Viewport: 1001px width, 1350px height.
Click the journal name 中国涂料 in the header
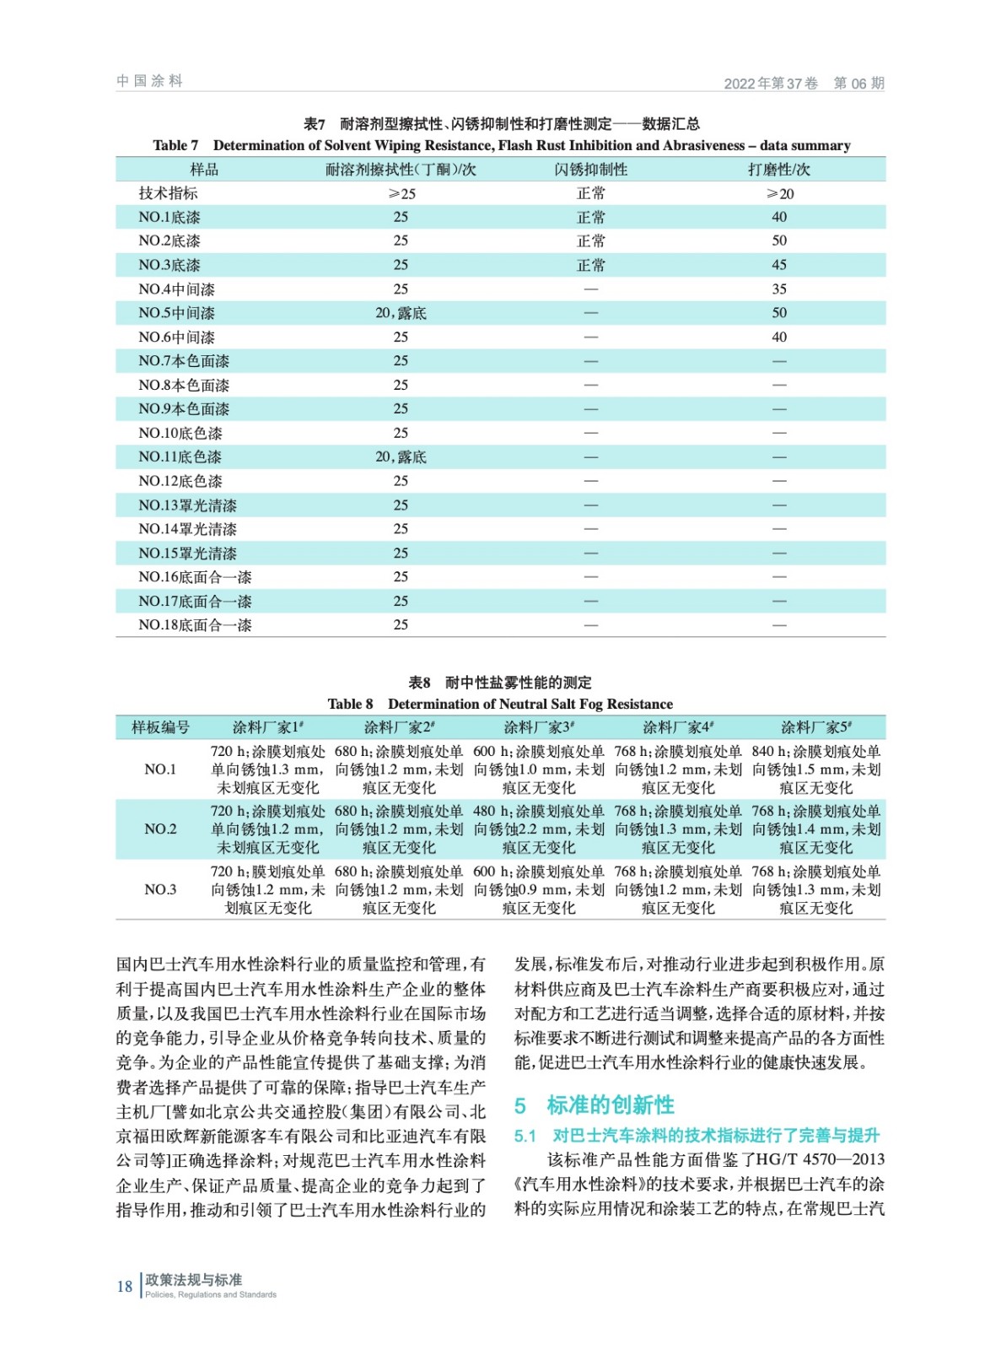coord(149,81)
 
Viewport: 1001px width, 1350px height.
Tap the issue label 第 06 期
coord(858,84)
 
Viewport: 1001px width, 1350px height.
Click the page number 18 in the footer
coord(125,1286)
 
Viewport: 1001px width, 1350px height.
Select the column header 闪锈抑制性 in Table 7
coord(590,170)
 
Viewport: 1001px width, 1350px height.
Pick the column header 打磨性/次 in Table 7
coord(778,170)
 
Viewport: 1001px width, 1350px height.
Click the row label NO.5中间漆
coord(176,313)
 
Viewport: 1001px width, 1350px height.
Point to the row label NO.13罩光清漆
coord(187,505)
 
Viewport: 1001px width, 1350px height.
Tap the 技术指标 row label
coord(169,193)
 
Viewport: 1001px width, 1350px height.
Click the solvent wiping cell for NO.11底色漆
coord(401,457)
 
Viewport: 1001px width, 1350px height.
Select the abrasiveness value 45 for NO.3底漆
coord(779,265)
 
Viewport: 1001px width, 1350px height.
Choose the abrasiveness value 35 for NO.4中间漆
coord(779,289)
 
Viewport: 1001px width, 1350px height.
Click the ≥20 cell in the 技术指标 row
coord(779,194)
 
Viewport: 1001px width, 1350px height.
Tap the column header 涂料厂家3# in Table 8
coord(539,727)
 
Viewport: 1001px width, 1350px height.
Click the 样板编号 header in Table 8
coord(160,727)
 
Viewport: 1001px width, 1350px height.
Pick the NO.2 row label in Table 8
coord(160,829)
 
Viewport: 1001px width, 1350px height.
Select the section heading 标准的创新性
coord(610,1105)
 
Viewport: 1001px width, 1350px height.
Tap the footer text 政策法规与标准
coord(193,1280)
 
